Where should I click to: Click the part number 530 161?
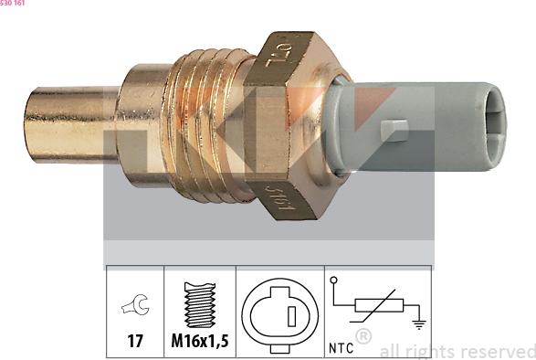13,4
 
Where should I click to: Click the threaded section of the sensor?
212,124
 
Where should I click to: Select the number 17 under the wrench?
135,343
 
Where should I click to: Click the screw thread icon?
199,304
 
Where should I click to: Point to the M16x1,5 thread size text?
199,343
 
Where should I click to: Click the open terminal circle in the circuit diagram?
334,281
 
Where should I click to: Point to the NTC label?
341,348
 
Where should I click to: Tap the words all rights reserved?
457,351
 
